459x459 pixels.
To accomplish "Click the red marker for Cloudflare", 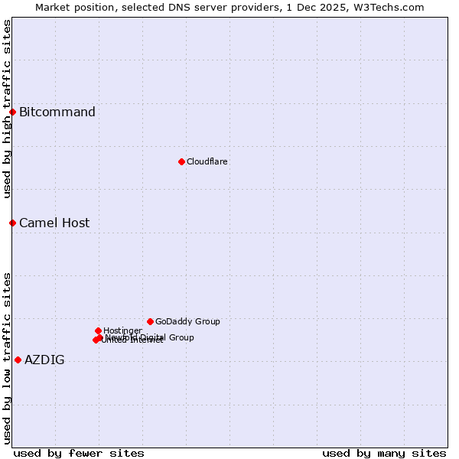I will point(181,161).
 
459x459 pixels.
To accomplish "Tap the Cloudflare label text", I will point(207,162).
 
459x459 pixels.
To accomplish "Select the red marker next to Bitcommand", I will point(12,112).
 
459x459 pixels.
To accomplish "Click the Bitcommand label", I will point(57,112).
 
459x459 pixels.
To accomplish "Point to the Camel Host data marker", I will point(12,223).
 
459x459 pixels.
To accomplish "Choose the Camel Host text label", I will point(54,223).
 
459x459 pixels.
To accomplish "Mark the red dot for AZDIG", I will point(18,360).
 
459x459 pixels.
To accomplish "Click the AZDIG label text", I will point(44,360).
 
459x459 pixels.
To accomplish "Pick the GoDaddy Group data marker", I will point(150,321).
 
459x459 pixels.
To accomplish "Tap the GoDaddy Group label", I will point(187,322).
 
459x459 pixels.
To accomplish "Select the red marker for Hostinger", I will point(98,330).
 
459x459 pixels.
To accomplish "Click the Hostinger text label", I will point(122,330).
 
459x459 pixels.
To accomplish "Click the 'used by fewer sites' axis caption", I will point(79,454).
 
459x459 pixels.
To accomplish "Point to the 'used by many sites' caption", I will point(384,454).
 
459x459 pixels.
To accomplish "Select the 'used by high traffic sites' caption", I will point(7,109).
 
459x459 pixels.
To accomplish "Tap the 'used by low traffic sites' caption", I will point(7,358).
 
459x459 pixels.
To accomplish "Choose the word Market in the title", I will point(53,7).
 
